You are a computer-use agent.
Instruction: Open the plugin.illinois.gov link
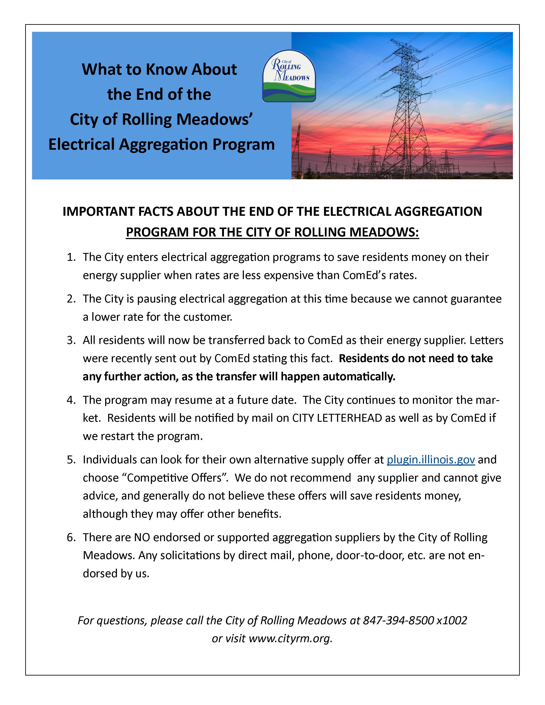431,459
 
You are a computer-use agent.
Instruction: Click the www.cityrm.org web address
290,638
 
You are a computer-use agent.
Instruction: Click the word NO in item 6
142,537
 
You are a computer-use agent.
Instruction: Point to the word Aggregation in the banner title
163,144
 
